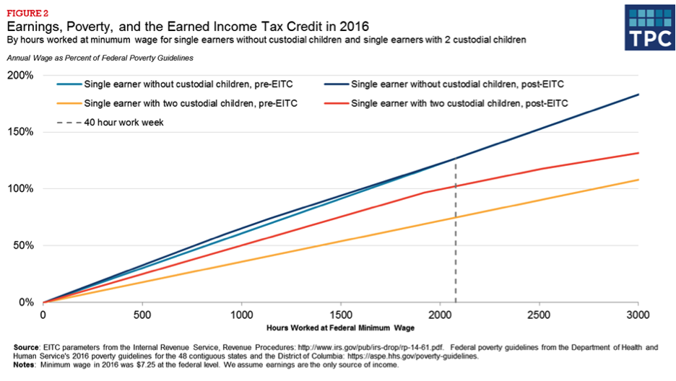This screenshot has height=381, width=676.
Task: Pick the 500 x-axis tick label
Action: click(x=142, y=315)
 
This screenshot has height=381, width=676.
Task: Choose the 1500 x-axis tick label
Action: click(x=341, y=315)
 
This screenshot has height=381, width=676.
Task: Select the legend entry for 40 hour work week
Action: click(x=123, y=123)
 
